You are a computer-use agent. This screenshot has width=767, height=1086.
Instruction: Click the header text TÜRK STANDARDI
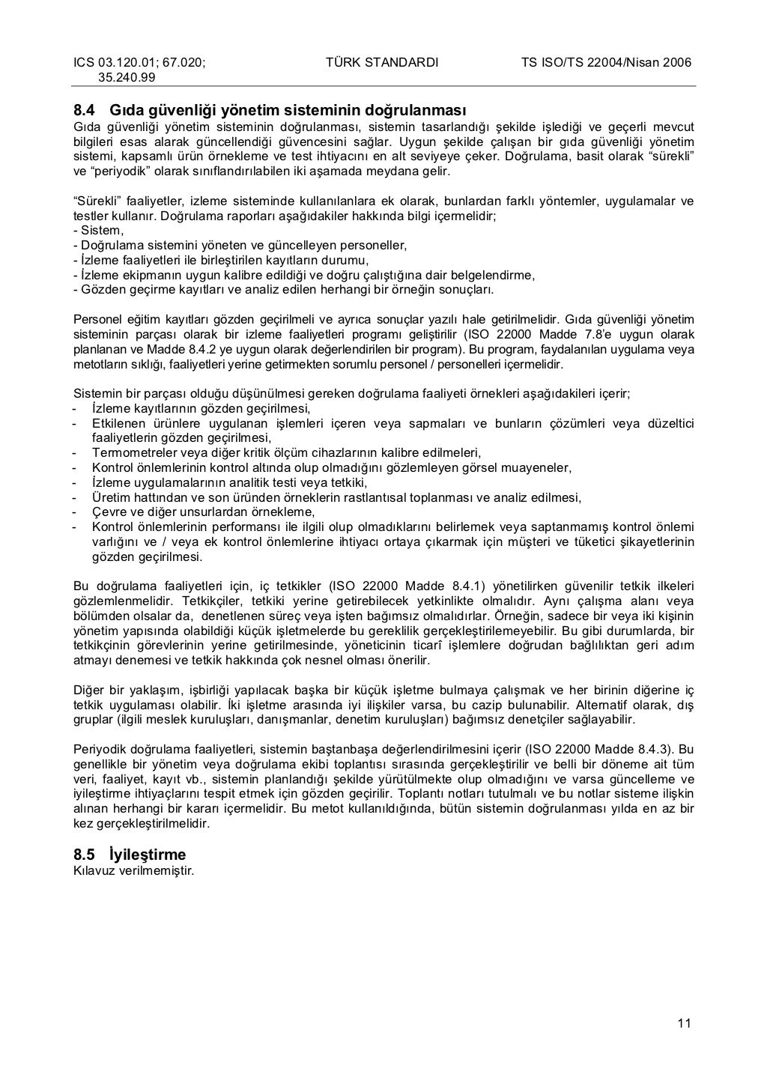(382, 62)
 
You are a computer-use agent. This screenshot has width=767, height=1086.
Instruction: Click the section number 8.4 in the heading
(83, 110)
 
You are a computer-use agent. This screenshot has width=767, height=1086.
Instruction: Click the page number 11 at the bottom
(684, 1025)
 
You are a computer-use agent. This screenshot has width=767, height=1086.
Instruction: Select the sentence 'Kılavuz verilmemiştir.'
(133, 870)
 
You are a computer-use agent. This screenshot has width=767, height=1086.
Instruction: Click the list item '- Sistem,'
(98, 231)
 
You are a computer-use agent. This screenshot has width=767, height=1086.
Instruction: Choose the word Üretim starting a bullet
(109, 497)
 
